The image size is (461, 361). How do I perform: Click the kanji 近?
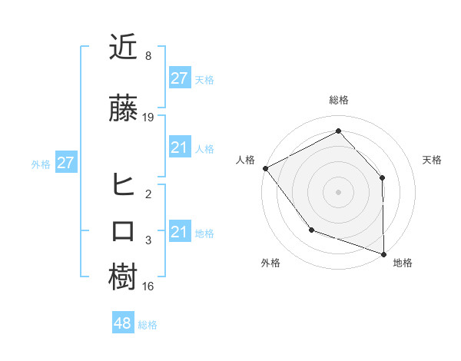pos(124,49)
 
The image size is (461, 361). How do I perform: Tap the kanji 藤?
pos(124,109)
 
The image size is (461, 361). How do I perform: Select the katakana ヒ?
pos(124,184)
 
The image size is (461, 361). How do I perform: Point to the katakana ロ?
pos(124,231)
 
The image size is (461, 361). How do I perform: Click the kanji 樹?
pos(124,277)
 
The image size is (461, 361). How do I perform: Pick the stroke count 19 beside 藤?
pos(148,118)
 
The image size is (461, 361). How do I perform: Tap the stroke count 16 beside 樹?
pos(148,286)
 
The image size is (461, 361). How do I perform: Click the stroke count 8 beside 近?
pos(148,56)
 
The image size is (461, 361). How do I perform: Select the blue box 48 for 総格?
pos(123,323)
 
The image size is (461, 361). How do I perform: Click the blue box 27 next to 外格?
pos(65,163)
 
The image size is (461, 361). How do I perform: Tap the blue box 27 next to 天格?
pos(179,78)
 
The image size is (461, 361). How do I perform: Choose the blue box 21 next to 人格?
pos(179,147)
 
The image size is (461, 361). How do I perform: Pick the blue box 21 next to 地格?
pos(179,232)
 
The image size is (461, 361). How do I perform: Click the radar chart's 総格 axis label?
pos(338,100)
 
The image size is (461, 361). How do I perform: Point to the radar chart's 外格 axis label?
pos(270,263)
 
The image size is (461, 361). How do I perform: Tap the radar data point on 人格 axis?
pos(265,168)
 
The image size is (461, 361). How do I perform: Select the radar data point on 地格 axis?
pos(383,253)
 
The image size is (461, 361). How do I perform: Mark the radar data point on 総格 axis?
pos(338,131)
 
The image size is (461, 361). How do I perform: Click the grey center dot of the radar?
pos(338,191)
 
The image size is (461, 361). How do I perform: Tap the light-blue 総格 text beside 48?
pos(148,325)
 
